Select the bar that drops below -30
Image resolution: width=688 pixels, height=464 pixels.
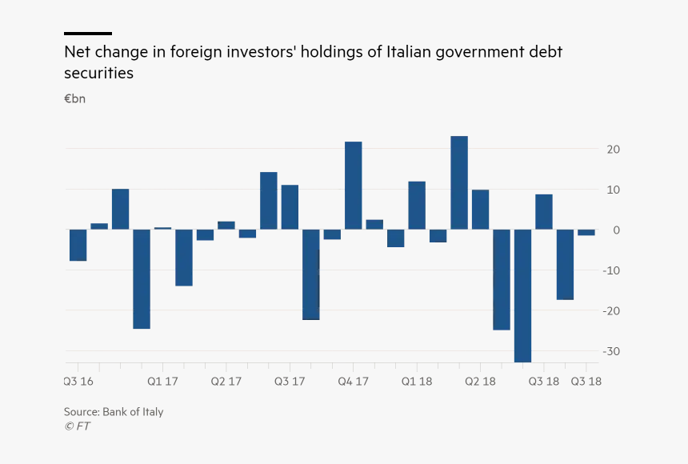point(522,295)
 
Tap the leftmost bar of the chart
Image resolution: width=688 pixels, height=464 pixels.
point(78,245)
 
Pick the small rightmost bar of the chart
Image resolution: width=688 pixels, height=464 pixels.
point(586,232)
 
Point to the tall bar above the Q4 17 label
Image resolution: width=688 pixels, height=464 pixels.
point(353,186)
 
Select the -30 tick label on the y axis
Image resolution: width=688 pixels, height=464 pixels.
point(612,351)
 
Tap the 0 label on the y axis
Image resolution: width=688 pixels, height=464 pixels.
point(617,230)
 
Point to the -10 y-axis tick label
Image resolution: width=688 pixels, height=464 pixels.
point(612,270)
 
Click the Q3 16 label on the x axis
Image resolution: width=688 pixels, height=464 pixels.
point(78,382)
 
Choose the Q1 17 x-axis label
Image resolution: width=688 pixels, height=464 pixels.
point(162,382)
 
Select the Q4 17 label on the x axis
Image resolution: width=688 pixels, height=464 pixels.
point(353,382)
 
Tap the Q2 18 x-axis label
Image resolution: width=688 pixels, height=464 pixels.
point(480,382)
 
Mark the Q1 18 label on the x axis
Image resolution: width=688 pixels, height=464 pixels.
point(417,382)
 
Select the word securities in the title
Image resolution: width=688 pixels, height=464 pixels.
point(98,73)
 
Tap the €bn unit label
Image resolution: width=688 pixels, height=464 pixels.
point(74,99)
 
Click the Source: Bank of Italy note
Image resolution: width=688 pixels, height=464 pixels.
point(114,412)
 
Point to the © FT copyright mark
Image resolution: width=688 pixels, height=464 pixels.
point(77,426)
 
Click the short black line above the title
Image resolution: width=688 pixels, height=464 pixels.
point(88,34)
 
